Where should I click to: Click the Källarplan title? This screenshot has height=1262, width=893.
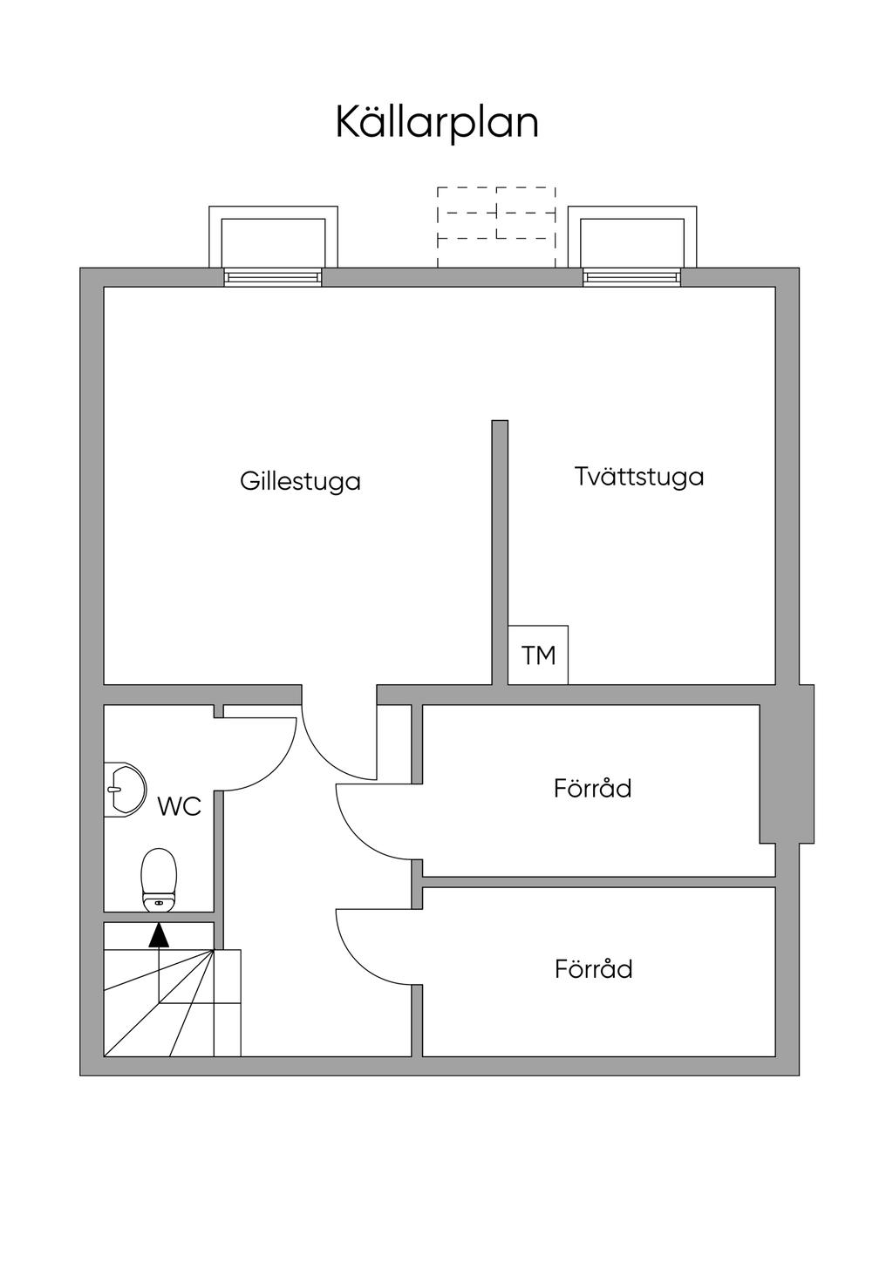(437, 123)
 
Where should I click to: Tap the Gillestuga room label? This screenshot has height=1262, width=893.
(300, 481)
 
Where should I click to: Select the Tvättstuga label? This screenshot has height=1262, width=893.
(639, 477)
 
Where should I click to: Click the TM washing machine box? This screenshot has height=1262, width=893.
(538, 655)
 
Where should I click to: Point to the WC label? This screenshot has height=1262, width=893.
(179, 806)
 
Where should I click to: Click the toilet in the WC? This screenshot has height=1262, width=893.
(159, 879)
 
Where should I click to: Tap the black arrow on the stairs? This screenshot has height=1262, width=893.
(158, 935)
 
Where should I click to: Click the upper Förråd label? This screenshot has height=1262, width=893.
(592, 789)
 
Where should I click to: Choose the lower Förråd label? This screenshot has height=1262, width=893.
(593, 969)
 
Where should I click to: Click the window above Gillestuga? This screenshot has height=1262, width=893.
(273, 277)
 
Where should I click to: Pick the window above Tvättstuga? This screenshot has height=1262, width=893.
(632, 277)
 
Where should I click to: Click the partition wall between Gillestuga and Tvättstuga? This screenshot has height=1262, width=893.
(499, 549)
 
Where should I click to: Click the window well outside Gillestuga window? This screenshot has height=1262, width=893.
(273, 235)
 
